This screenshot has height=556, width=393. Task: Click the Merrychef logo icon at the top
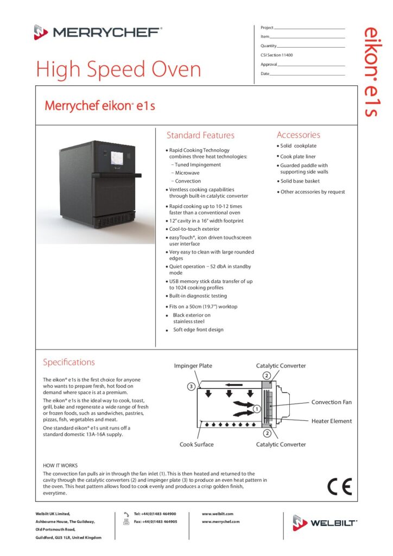pos(41,32)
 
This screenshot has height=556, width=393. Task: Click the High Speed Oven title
pos(118,69)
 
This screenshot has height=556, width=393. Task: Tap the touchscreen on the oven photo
pos(118,159)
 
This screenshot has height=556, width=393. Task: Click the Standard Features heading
pos(200,135)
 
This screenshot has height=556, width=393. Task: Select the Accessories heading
pos(298,135)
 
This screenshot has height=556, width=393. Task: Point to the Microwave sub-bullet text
pos(187,173)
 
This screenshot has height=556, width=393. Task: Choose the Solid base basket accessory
pos(300,181)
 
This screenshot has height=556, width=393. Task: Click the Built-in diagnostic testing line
pos(198,296)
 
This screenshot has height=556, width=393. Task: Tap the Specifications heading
pos(69,362)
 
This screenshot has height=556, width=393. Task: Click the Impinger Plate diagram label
pos(193,366)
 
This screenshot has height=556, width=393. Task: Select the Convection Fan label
pos(331,402)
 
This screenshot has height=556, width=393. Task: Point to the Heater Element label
pos(331,421)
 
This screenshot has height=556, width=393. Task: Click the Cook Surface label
pos(196,444)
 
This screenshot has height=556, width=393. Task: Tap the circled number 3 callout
pos(191,387)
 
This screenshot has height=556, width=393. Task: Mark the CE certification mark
pos(339,486)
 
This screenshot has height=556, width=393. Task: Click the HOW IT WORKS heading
pos(60,465)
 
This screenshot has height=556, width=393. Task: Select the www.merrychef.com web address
pos(220,521)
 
